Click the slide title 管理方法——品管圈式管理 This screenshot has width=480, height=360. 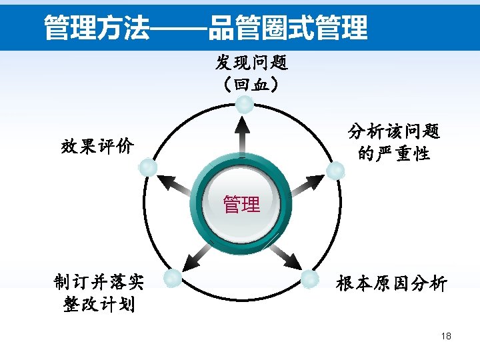[205, 28]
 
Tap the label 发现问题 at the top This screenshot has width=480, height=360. [251, 63]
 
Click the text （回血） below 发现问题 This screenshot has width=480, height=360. [251, 85]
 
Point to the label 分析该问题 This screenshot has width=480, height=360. [394, 131]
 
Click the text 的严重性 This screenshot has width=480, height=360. [394, 154]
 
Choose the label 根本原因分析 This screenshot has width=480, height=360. [391, 284]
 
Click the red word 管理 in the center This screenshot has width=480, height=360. [241, 204]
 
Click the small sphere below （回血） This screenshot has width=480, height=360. [246, 105]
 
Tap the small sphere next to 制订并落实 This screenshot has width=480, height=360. [173, 279]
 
